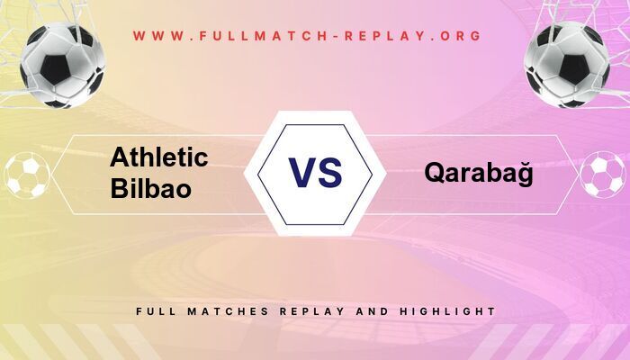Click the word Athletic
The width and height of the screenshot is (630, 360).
(x=158, y=157)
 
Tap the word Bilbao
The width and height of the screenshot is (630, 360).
(x=150, y=189)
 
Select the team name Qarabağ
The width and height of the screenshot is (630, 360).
(x=479, y=174)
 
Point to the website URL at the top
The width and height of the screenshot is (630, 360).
(x=308, y=36)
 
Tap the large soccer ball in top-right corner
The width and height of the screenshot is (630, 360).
(x=567, y=65)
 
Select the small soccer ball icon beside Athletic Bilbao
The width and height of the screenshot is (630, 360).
(x=27, y=175)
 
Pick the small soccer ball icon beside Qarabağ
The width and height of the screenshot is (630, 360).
(x=602, y=175)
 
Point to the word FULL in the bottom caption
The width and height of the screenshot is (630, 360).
(x=156, y=311)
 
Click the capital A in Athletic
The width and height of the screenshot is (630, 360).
(x=120, y=157)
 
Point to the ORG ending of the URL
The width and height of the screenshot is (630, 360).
(x=462, y=36)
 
